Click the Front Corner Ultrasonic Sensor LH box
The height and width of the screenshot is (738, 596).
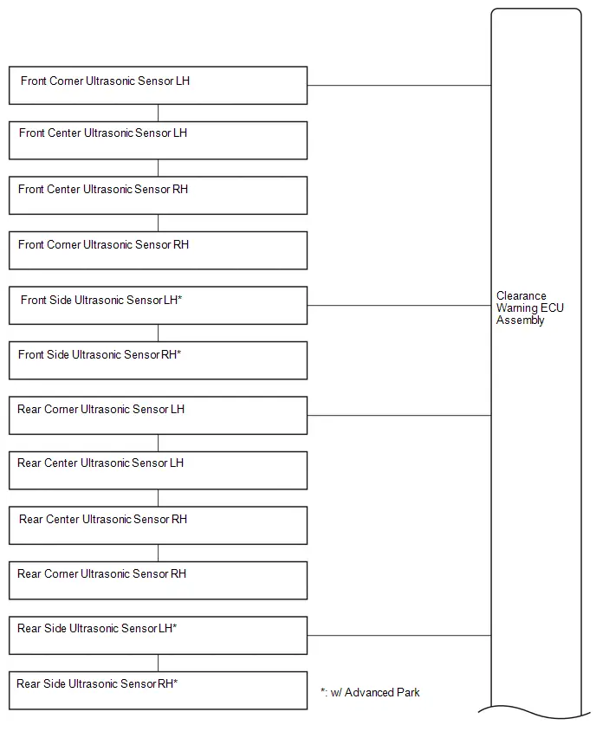pyautogui.click(x=159, y=85)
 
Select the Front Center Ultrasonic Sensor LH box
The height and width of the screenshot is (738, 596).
pyautogui.click(x=159, y=140)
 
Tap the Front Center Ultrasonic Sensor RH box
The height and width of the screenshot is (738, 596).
pyautogui.click(x=159, y=195)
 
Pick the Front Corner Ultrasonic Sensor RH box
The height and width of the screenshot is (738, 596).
pyautogui.click(x=159, y=250)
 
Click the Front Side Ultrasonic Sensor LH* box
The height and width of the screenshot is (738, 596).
pyautogui.click(x=159, y=306)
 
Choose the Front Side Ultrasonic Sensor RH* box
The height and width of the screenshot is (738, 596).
pyautogui.click(x=159, y=360)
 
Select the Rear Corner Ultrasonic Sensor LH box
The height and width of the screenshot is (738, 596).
pyautogui.click(x=159, y=416)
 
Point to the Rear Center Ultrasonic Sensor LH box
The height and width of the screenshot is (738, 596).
pyautogui.click(x=159, y=470)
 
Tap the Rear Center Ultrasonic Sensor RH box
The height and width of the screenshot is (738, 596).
pyautogui.click(x=159, y=526)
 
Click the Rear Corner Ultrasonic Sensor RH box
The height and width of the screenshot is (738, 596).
pyautogui.click(x=159, y=580)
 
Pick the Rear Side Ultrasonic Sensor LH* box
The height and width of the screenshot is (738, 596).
pyautogui.click(x=159, y=636)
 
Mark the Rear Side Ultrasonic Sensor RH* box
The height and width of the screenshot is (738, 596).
pyautogui.click(x=159, y=690)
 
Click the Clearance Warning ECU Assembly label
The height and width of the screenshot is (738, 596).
pyautogui.click(x=529, y=307)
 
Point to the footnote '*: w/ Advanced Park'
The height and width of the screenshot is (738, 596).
pyautogui.click(x=370, y=692)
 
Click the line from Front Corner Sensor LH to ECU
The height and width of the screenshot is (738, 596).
pyautogui.click(x=399, y=86)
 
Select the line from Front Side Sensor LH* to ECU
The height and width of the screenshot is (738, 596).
pyautogui.click(x=399, y=306)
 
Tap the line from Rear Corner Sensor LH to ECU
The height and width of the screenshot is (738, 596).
pyautogui.click(x=399, y=416)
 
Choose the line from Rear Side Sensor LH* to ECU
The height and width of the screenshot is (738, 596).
pyautogui.click(x=399, y=636)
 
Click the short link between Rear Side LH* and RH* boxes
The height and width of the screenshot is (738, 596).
pyautogui.click(x=159, y=664)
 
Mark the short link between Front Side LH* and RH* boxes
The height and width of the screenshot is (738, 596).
pyautogui.click(x=159, y=333)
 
